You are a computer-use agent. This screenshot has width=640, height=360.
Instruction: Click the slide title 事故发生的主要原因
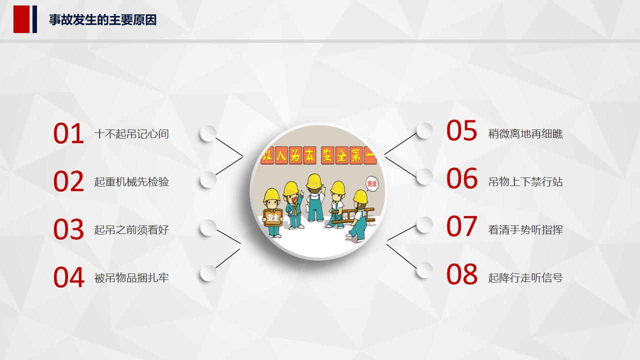102,20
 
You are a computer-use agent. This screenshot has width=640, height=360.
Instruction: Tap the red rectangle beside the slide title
21,19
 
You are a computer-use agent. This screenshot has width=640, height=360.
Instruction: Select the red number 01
68,134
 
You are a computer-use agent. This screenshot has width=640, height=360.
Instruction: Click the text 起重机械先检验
131,182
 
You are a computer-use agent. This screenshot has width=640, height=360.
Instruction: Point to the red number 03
68,229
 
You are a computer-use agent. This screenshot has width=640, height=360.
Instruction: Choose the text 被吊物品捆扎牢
131,278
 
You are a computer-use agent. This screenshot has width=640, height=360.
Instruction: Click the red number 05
461,130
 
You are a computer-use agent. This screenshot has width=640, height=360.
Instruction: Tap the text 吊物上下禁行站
525,182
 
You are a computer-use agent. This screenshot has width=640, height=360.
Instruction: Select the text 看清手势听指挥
525,230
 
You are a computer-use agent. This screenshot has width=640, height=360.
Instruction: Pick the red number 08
461,274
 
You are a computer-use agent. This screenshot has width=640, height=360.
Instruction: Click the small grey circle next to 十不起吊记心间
208,133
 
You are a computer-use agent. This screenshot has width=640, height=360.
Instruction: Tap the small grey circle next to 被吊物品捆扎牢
208,273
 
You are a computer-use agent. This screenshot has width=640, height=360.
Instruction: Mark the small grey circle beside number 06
424,177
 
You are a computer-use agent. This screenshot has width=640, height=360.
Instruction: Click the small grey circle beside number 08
424,270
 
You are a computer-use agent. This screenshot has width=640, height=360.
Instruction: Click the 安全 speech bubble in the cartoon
371,184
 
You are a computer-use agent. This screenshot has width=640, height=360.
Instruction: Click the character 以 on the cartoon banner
266,156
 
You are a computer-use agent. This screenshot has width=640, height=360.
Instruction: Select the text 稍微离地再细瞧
525,134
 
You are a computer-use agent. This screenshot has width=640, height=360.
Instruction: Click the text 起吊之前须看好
131,230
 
